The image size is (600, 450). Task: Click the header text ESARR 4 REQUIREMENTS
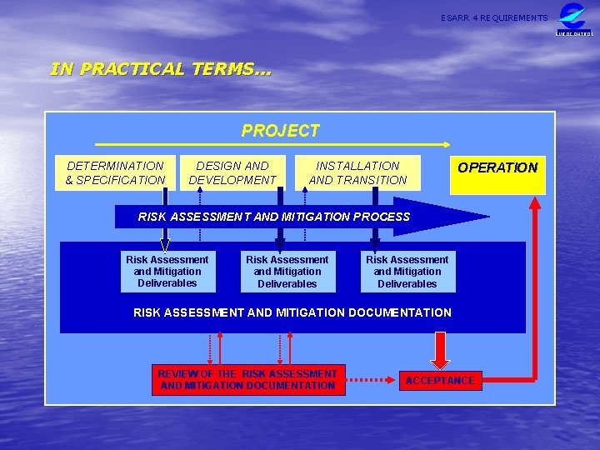tap(494, 17)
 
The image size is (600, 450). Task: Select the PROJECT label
tap(280, 131)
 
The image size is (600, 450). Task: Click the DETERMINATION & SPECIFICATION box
tap(115, 172)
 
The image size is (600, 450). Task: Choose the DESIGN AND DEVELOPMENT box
tap(232, 172)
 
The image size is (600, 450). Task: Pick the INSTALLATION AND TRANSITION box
tap(357, 172)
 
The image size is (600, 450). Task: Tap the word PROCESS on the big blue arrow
tap(382, 217)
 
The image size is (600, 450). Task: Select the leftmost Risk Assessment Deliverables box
tap(167, 272)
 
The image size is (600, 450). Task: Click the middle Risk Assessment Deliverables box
tap(287, 272)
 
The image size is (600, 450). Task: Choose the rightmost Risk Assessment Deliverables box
tap(407, 272)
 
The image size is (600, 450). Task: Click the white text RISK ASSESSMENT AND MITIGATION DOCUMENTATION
tap(292, 312)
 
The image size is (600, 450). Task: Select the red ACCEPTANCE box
tap(439, 381)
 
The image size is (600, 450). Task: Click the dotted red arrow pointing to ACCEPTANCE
tap(371, 381)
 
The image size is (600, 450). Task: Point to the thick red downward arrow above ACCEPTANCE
tap(439, 349)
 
